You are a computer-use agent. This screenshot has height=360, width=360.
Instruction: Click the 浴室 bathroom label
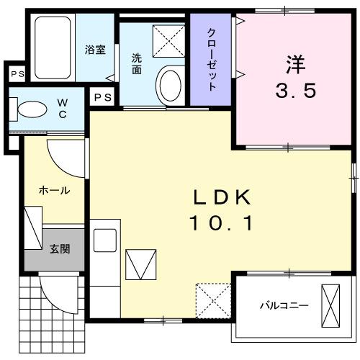tap(95, 50)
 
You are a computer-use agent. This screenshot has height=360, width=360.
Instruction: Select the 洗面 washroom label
tap(137, 65)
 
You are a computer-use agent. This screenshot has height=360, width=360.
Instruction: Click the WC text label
tap(63, 109)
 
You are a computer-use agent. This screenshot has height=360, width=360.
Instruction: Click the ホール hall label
tap(54, 191)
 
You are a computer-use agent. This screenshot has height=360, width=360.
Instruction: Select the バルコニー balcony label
tap(284, 305)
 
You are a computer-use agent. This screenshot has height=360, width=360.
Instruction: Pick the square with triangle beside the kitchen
tap(140, 264)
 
